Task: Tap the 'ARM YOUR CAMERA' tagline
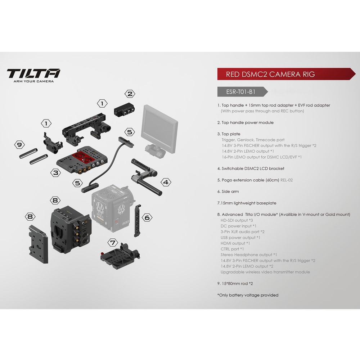pyautogui.click(x=33, y=82)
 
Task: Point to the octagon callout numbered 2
pyautogui.click(x=130, y=94)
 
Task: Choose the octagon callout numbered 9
pyautogui.click(x=19, y=145)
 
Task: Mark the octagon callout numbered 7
pyautogui.click(x=113, y=242)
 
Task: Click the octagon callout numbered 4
pyautogui.click(x=165, y=183)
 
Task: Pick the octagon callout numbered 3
pyautogui.click(x=55, y=173)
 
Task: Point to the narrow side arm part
pyautogui.click(x=138, y=221)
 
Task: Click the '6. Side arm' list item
pyautogui.click(x=228, y=192)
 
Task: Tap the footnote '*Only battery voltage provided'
pyautogui.click(x=248, y=295)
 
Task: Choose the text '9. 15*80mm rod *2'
pyautogui.click(x=235, y=284)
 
